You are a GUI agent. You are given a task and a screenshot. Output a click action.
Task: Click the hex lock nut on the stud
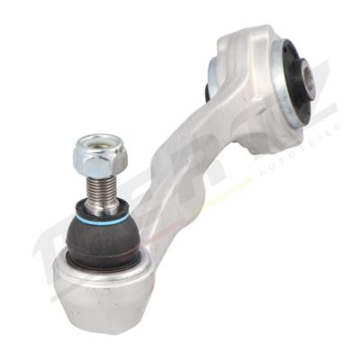[100, 159]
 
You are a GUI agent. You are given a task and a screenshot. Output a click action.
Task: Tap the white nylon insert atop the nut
[100, 142]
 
